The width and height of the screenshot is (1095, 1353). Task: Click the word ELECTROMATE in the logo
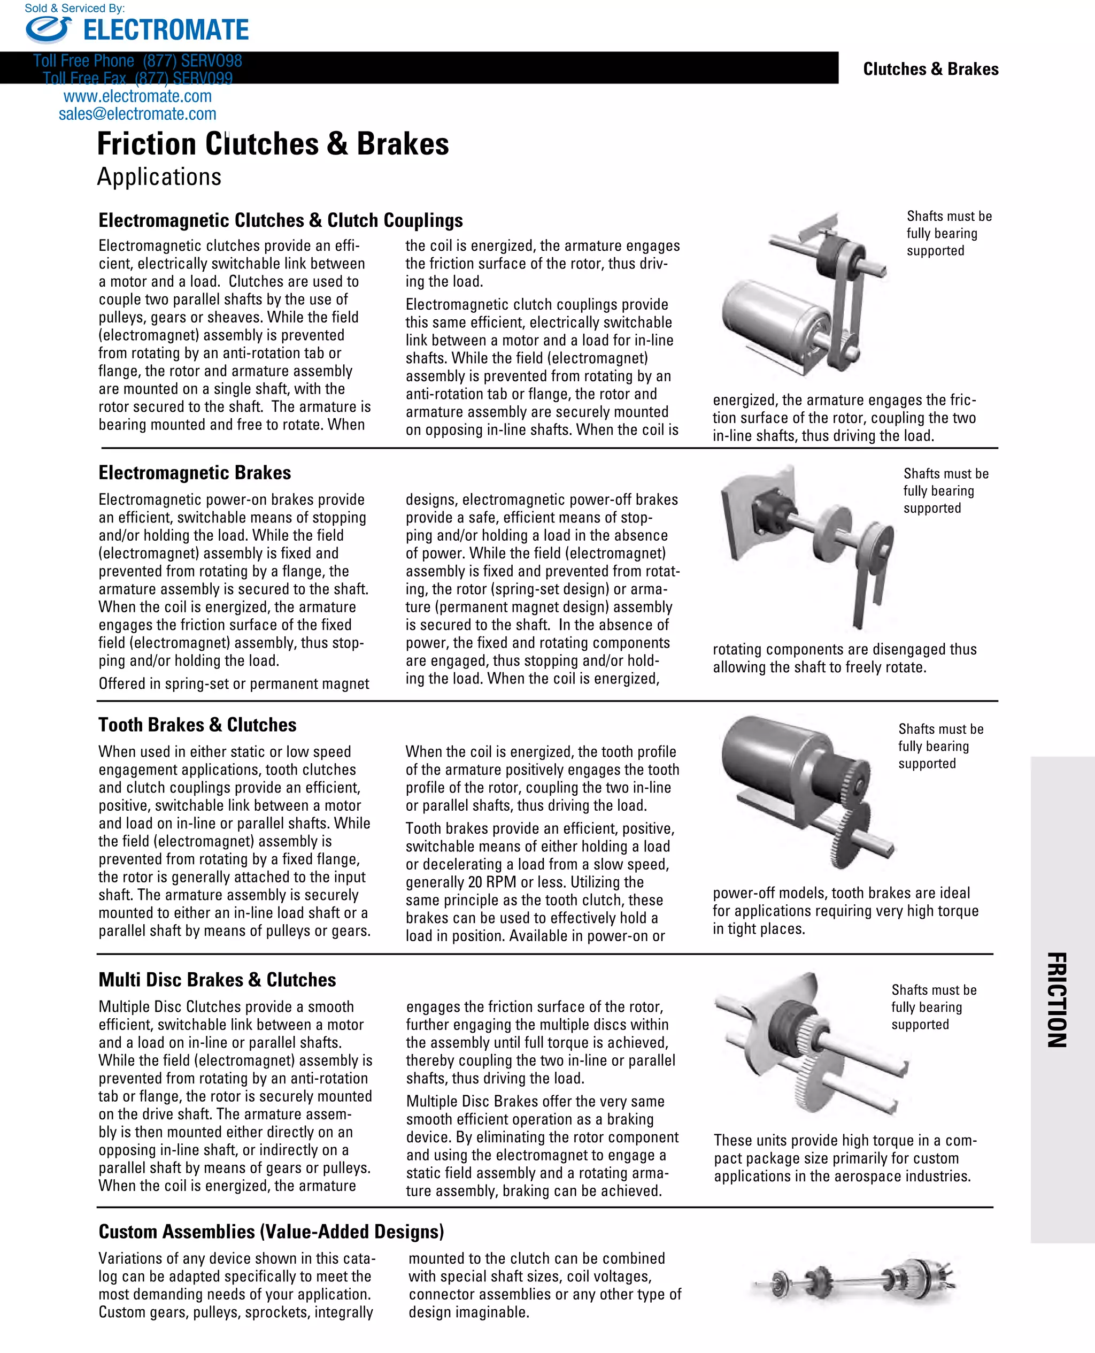[166, 29]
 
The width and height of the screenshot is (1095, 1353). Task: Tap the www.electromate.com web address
[137, 96]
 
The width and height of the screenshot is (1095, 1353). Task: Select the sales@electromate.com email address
[137, 114]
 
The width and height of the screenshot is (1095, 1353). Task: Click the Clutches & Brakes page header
[930, 69]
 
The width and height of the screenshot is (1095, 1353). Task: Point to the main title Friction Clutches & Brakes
[273, 144]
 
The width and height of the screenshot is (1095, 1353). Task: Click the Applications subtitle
[159, 176]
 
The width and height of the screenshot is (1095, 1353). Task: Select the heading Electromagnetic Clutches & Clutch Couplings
[280, 220]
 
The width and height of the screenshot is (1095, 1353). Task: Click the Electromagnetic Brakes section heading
[194, 472]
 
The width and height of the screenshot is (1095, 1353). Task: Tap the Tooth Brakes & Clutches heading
[197, 725]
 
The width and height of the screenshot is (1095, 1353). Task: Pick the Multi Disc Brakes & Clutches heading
[217, 980]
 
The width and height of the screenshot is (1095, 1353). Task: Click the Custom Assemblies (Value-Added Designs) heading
[271, 1231]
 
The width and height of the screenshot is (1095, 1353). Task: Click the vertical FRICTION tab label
[1057, 1000]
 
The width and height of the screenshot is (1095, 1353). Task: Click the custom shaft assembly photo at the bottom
[855, 1280]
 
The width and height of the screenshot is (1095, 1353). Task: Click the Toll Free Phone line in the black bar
[137, 61]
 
